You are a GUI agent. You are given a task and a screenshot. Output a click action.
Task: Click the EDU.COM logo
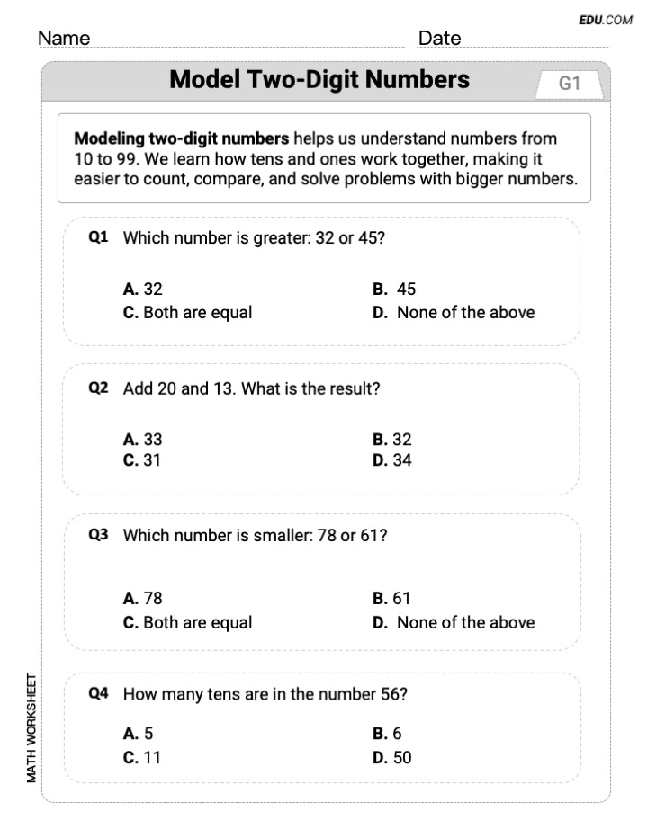[x=607, y=20]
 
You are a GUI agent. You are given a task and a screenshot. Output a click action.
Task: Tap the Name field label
[x=65, y=38]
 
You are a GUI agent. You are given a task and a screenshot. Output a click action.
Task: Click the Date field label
[x=439, y=38]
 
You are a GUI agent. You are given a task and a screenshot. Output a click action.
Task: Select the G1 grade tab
[x=570, y=84]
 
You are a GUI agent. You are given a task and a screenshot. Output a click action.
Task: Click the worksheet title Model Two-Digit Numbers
[x=319, y=80]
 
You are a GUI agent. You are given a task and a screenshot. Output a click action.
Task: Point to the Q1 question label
[x=98, y=238]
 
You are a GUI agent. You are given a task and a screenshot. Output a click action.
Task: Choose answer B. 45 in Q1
[x=394, y=290]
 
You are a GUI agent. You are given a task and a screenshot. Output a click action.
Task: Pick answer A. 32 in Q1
[x=143, y=290]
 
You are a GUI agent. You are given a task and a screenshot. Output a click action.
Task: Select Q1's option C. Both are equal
[x=187, y=313]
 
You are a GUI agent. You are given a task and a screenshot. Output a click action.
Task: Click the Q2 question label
[x=98, y=388]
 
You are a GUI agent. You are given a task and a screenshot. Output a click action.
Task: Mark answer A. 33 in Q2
[x=143, y=440]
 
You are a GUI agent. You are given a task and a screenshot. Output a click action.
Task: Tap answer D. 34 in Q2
[x=392, y=461]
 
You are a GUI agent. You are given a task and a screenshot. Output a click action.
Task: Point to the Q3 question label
[x=98, y=535]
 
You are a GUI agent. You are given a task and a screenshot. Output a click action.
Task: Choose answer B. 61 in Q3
[x=392, y=598]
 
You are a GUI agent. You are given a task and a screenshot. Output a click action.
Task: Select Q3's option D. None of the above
[x=454, y=622]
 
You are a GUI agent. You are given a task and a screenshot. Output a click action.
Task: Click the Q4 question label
[x=98, y=693]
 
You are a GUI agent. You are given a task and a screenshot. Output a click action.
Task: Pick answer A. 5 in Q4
[x=139, y=734]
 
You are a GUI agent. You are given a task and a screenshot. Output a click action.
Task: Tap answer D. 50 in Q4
[x=392, y=757]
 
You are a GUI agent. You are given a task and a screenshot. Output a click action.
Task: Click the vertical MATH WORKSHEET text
[x=31, y=727]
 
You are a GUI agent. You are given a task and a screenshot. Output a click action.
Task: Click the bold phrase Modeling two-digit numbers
[x=182, y=138]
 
